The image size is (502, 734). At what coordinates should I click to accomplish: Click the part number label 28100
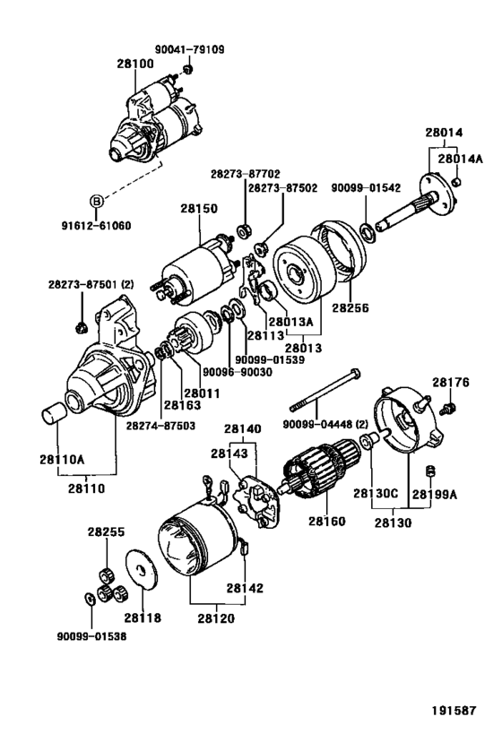(x=135, y=64)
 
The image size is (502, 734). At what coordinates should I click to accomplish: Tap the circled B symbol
(x=96, y=202)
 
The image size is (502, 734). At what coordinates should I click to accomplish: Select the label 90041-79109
(x=190, y=49)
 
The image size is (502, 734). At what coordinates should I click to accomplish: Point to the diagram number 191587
(x=454, y=711)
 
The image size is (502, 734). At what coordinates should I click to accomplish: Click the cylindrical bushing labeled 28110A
(x=54, y=413)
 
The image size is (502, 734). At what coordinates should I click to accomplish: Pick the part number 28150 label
(x=199, y=208)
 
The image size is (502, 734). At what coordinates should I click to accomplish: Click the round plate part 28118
(x=143, y=570)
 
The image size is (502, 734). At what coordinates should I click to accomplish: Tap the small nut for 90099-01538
(x=89, y=599)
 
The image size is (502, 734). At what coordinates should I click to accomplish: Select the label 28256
(x=351, y=308)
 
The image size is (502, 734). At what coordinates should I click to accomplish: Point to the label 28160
(x=326, y=521)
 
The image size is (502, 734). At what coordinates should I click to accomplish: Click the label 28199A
(x=434, y=494)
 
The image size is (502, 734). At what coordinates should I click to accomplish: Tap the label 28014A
(x=461, y=159)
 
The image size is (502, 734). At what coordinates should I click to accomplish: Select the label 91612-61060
(x=96, y=226)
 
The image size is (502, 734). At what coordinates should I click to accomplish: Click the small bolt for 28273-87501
(x=82, y=327)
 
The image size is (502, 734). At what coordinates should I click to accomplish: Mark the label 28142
(x=245, y=588)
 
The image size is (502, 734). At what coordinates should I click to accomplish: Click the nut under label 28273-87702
(x=244, y=231)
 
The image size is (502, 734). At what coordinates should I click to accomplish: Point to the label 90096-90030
(x=237, y=373)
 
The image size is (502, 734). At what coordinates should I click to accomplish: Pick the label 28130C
(x=376, y=494)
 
